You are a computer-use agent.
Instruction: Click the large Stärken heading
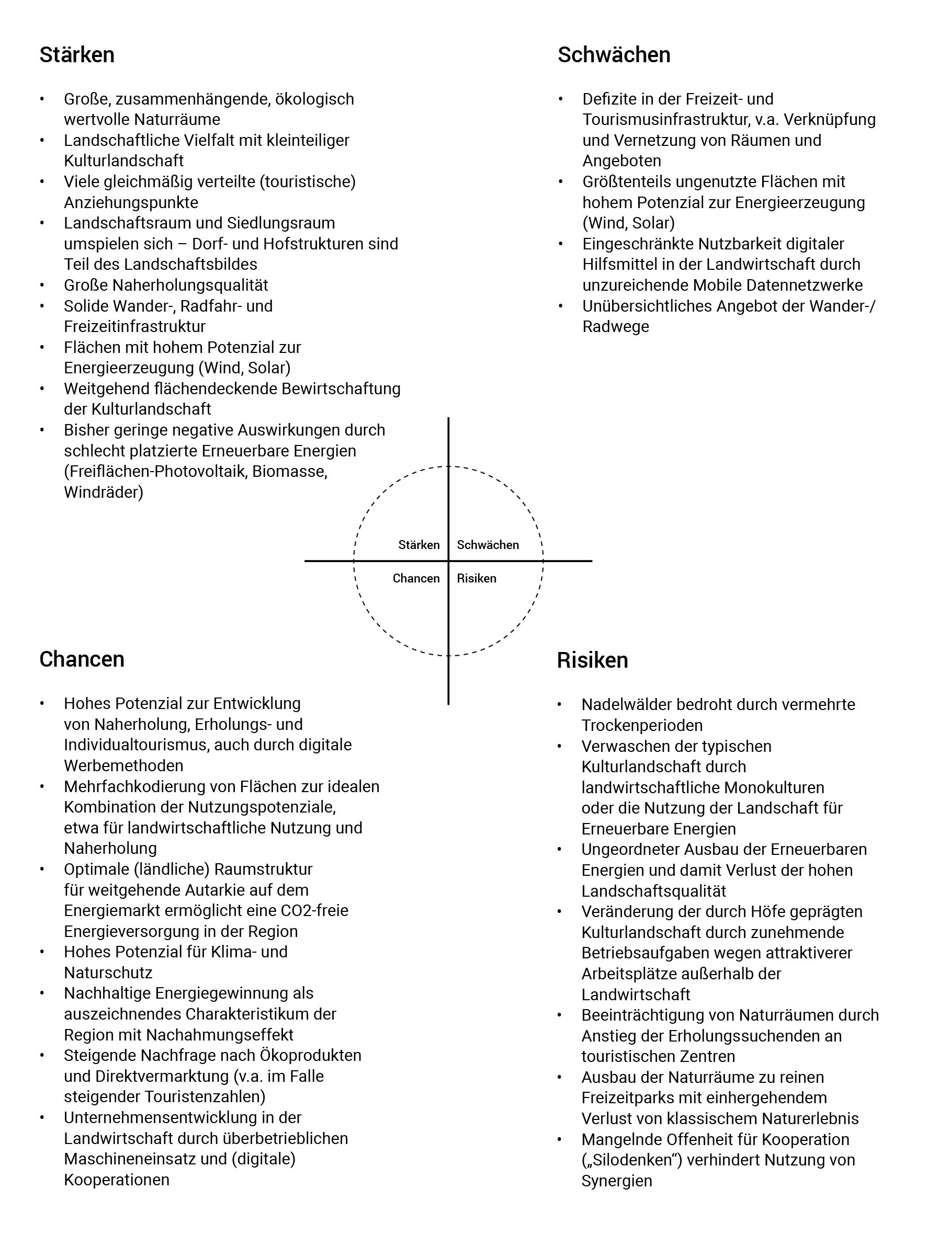[76, 55]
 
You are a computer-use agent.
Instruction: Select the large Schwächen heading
[614, 55]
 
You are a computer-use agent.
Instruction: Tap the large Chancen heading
[82, 659]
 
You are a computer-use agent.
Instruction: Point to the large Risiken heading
[592, 660]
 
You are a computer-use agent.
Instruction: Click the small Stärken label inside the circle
[418, 545]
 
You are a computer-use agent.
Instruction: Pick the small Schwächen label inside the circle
[488, 545]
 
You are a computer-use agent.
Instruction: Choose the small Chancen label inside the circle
[416, 578]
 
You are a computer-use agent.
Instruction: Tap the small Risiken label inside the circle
[476, 578]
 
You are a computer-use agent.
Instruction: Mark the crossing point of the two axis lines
[448, 561]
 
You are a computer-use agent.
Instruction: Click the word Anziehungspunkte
[131, 202]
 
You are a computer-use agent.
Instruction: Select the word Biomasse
[289, 471]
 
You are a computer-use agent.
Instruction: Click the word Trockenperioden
[642, 725]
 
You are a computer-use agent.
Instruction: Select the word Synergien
[616, 1181]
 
